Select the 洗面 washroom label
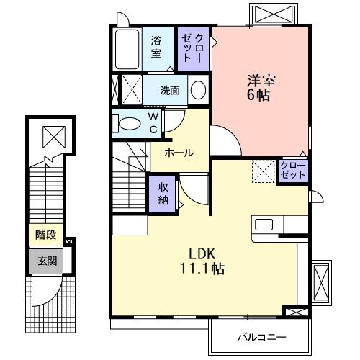click(170, 91)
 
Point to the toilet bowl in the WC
click(130, 123)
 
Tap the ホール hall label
click(179, 152)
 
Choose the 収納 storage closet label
click(163, 192)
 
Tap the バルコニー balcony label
click(261, 336)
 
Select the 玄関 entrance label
click(46, 261)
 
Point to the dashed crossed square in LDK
click(263, 171)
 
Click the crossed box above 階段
click(53, 135)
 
